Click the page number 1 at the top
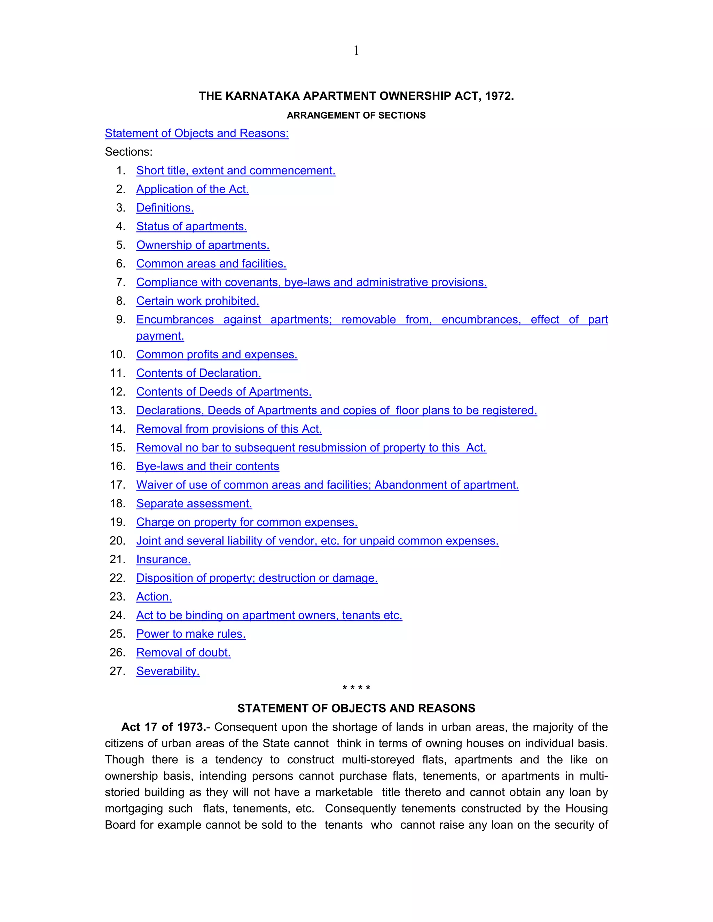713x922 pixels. tap(356, 51)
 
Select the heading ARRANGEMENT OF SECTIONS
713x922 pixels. tap(356, 116)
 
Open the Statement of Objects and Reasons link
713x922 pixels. tap(196, 133)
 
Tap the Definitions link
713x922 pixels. tap(165, 208)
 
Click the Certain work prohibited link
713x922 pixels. tap(198, 301)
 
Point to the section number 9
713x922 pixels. tap(121, 320)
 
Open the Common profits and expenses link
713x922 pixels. tap(217, 355)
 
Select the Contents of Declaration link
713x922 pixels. tap(198, 373)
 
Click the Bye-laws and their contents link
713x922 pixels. tap(207, 466)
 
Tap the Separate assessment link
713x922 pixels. tap(194, 504)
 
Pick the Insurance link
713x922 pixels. tap(163, 559)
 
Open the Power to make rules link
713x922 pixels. tap(191, 634)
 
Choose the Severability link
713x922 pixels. tap(168, 671)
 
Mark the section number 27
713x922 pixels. tap(117, 671)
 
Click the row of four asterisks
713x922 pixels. tap(356, 689)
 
